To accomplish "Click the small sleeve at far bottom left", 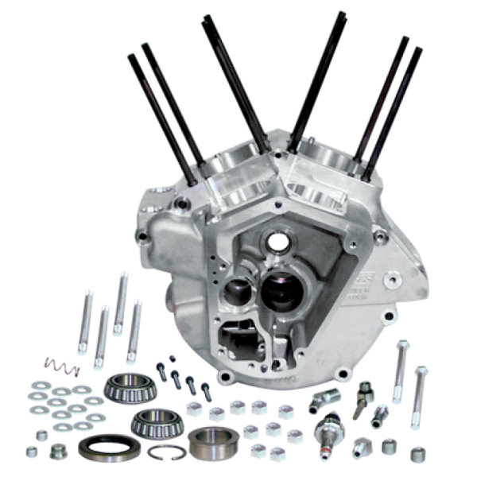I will tap(56, 451).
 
